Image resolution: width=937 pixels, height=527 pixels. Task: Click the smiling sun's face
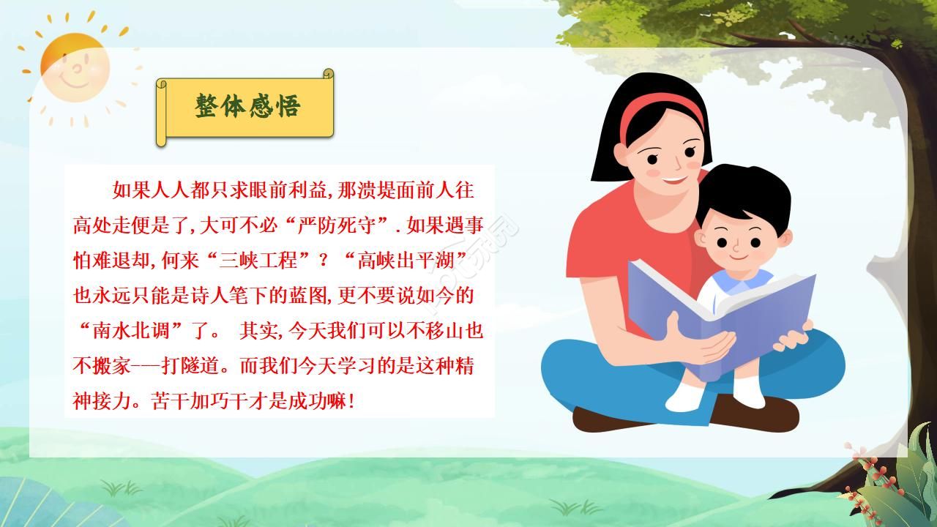click(x=75, y=68)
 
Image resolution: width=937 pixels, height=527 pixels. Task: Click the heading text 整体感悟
click(x=247, y=106)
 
